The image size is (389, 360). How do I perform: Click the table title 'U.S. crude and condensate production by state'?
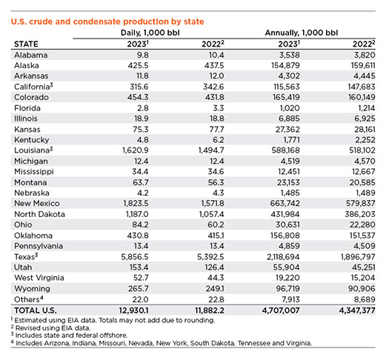pyautogui.click(x=107, y=21)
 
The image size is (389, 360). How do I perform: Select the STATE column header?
pyautogui.click(x=26, y=44)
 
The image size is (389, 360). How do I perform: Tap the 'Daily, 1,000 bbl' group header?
pyautogui.click(x=150, y=33)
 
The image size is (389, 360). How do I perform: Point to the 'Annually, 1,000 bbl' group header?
pyautogui.click(x=301, y=33)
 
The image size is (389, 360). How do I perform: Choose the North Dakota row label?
pyautogui.click(x=39, y=214)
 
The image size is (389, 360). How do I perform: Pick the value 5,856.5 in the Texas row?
pyautogui.click(x=135, y=257)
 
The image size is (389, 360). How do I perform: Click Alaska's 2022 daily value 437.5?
pyautogui.click(x=214, y=65)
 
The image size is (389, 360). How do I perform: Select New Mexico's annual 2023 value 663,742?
pyautogui.click(x=285, y=204)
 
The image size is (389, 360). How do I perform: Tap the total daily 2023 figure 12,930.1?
pyautogui.click(x=133, y=310)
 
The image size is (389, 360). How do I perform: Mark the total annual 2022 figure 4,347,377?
pyautogui.click(x=356, y=310)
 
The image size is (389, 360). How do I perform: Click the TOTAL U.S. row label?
pyautogui.click(x=36, y=310)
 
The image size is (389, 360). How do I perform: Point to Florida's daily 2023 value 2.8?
pyautogui.click(x=142, y=108)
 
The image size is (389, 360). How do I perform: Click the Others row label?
pyautogui.click(x=29, y=299)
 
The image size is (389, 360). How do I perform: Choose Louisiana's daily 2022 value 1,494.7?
pyautogui.click(x=211, y=150)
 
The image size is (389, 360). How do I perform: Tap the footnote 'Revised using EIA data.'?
pyautogui.click(x=51, y=328)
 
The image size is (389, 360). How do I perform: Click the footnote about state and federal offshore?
pyautogui.click(x=69, y=336)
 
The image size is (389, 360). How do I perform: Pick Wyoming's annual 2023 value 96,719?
pyautogui.click(x=287, y=289)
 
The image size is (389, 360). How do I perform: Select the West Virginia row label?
pyautogui.click(x=39, y=278)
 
